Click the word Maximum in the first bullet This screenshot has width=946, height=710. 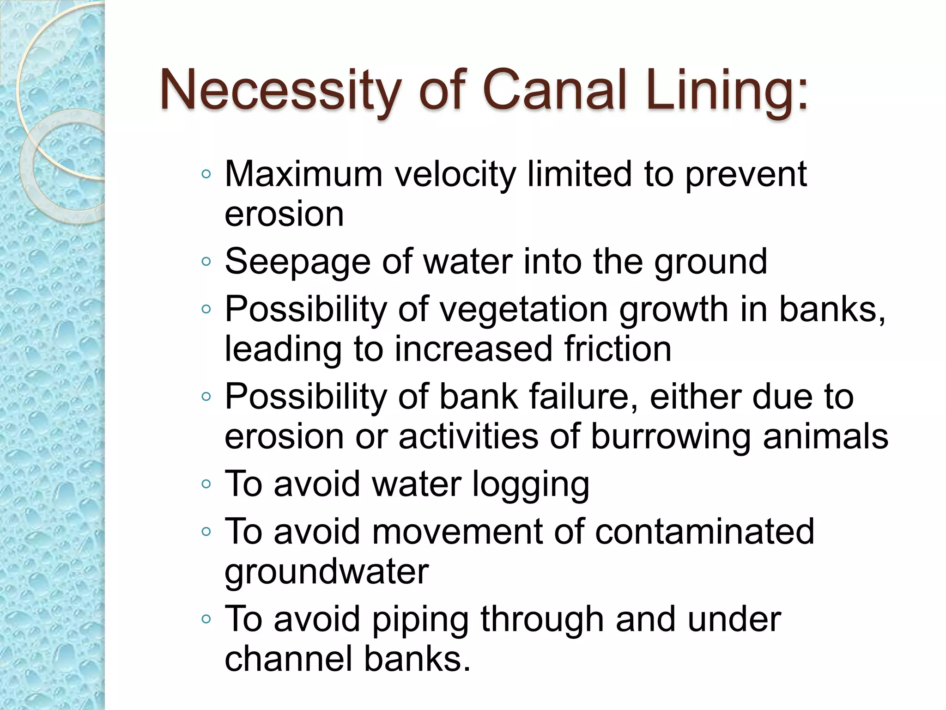coord(303,174)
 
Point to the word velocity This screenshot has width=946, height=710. coord(455,174)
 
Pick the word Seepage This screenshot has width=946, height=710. coord(297,262)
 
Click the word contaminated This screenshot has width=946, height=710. coord(704,532)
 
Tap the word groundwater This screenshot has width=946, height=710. coord(327,572)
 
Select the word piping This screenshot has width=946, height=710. coord(420,619)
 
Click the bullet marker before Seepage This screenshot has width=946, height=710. coord(206,262)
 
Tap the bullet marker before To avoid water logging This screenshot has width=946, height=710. coord(206,484)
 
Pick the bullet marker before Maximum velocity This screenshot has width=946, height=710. coord(206,174)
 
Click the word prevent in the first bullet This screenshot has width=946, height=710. coord(746,174)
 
